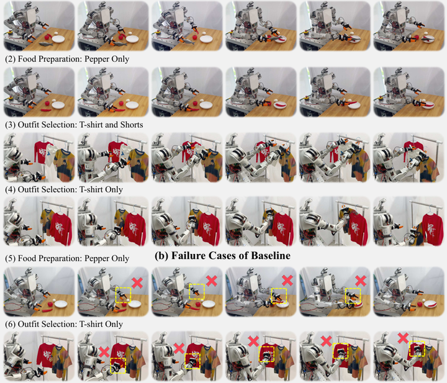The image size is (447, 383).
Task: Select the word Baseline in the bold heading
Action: coord(271,255)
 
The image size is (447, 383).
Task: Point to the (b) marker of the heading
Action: coord(161,256)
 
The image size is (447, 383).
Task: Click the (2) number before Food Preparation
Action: coord(11,59)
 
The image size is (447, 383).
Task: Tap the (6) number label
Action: coord(11,324)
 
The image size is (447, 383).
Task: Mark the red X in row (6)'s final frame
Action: coord(403,338)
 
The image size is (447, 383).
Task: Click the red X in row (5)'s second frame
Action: coord(137,282)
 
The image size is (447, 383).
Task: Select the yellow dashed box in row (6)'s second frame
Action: coord(118,366)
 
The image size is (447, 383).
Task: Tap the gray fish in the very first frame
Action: coord(47,43)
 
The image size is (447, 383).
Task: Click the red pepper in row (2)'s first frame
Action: coord(46,110)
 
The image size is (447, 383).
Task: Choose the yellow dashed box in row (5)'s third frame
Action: coord(197,291)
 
